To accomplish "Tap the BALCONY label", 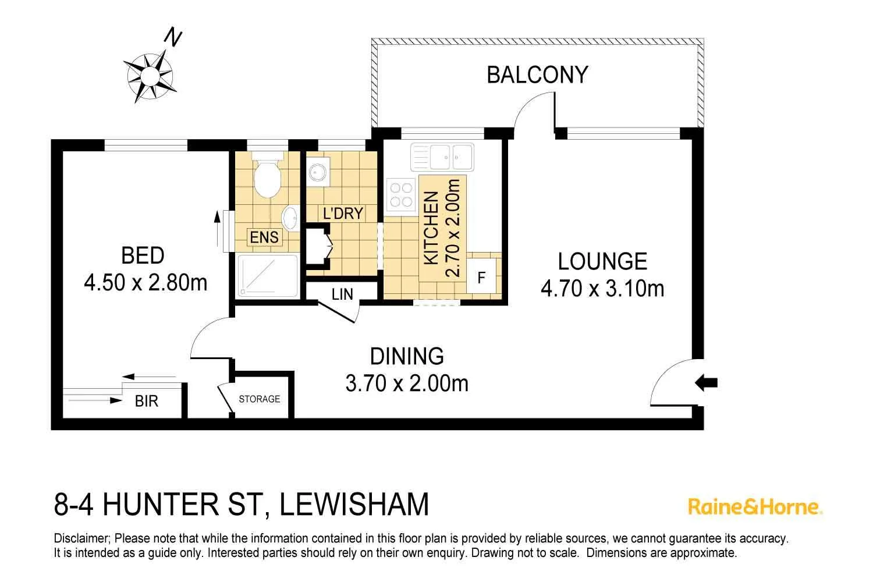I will tap(537, 75).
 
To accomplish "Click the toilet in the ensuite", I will tap(268, 176).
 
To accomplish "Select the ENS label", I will tap(264, 237).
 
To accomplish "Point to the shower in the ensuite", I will tap(267, 276).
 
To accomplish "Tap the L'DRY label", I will tap(343, 214).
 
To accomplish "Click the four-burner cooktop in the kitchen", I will tap(400, 195).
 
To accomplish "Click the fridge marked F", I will tap(481, 278).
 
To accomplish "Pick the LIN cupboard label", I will tap(342, 294).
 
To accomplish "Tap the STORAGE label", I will tap(260, 399).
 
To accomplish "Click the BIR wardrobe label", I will tap(146, 402).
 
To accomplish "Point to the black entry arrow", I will tap(707, 383).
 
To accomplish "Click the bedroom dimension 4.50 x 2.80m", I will tap(145, 283).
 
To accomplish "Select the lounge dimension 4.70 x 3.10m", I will tap(602, 289).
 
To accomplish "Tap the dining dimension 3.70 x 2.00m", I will tap(407, 384).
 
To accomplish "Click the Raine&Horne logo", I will tap(755, 506).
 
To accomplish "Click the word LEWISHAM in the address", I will tap(354, 505).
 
